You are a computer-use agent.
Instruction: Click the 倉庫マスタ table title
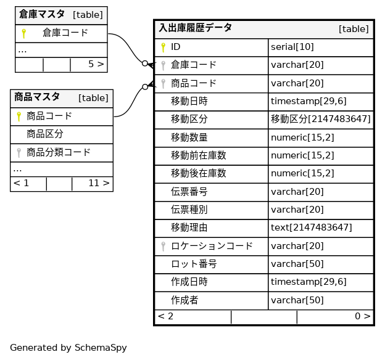[x=42, y=14]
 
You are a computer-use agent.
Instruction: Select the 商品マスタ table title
[x=37, y=97]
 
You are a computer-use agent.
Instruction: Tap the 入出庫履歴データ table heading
[x=196, y=28]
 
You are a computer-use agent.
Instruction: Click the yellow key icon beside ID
[x=163, y=47]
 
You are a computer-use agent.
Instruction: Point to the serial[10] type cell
[x=292, y=47]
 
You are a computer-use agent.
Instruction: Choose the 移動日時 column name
[x=189, y=101]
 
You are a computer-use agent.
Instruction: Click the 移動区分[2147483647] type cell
[x=320, y=119]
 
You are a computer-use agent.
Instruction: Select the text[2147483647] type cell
[x=311, y=227]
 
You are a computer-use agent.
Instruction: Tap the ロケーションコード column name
[x=212, y=246]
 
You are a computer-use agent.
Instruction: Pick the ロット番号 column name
[x=193, y=264]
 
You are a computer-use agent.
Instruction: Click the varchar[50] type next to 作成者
[x=297, y=300]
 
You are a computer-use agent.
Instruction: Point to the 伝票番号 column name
[x=189, y=192]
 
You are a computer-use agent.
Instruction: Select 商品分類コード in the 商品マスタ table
[x=59, y=152]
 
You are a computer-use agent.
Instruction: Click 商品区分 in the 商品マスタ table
[x=45, y=134]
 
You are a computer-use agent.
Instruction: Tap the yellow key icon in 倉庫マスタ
[x=23, y=33]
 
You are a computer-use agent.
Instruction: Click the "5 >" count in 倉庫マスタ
[x=96, y=63]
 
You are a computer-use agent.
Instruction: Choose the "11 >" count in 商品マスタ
[x=99, y=183]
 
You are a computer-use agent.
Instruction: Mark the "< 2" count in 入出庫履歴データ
[x=165, y=316]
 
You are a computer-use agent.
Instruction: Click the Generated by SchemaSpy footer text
[x=68, y=348]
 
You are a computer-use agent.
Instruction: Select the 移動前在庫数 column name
[x=198, y=155]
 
